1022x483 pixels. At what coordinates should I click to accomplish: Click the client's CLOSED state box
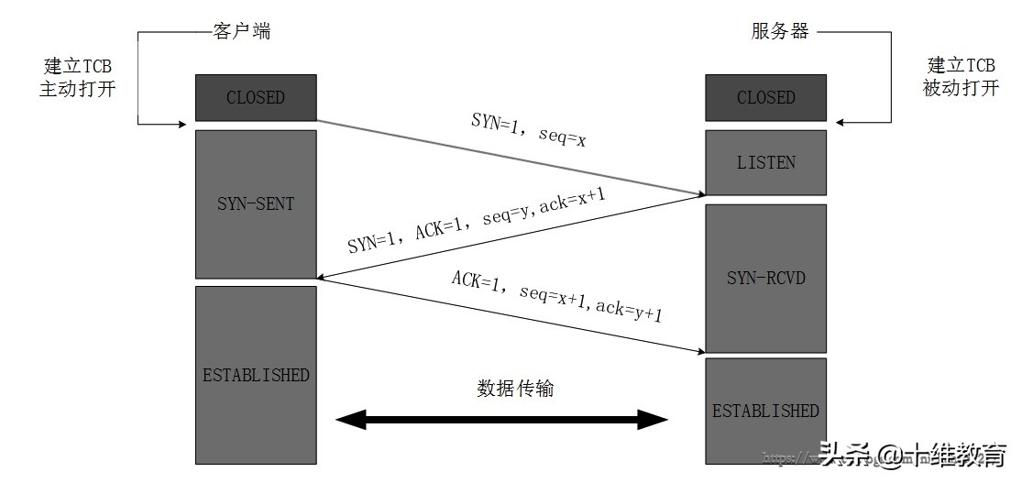[256, 97]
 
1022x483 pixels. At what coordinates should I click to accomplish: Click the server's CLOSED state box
[765, 97]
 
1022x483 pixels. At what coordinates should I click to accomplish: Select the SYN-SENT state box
[256, 203]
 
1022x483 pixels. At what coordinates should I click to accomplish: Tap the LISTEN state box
[765, 163]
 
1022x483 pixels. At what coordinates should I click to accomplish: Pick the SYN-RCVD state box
[765, 277]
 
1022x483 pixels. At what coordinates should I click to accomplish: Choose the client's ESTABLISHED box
[256, 375]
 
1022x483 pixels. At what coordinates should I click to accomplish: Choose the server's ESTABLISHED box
[765, 410]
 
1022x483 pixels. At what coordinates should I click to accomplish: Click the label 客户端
[241, 32]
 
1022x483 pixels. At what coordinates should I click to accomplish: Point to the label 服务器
[780, 32]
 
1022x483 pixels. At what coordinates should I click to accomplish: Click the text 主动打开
[77, 90]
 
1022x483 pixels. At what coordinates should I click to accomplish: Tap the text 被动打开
[961, 90]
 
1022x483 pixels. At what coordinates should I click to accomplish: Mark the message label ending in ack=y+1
[556, 295]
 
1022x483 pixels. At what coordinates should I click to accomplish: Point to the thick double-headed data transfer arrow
[502, 421]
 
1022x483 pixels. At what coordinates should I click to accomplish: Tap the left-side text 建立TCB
[77, 66]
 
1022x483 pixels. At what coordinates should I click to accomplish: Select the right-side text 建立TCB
[961, 66]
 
